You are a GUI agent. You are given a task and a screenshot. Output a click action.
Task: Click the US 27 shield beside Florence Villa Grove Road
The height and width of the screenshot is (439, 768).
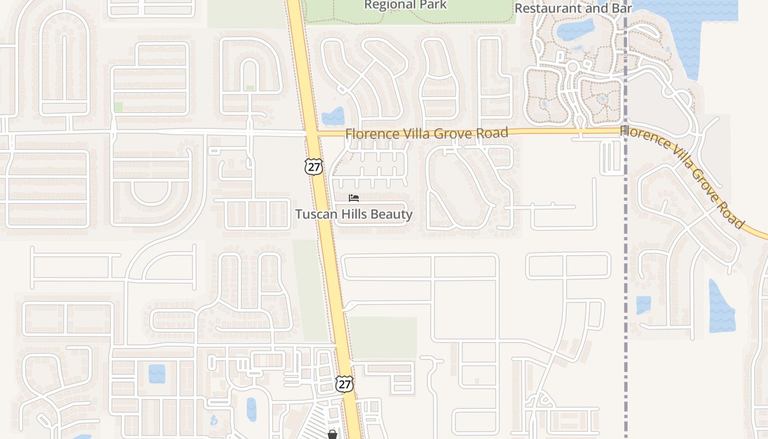pyautogui.click(x=313, y=167)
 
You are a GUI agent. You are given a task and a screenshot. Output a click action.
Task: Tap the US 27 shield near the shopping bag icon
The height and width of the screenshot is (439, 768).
pyautogui.click(x=344, y=384)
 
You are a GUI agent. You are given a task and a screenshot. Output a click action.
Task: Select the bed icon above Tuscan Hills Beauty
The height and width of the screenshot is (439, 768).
pyautogui.click(x=354, y=198)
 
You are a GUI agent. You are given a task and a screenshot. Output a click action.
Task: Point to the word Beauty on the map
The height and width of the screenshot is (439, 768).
pyautogui.click(x=392, y=214)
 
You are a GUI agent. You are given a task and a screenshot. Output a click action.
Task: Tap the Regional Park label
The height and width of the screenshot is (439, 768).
pyautogui.click(x=406, y=5)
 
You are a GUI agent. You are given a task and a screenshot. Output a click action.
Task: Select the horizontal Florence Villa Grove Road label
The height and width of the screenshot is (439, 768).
pyautogui.click(x=427, y=133)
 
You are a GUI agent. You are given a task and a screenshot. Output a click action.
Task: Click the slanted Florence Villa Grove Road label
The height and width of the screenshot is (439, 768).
pyautogui.click(x=683, y=176)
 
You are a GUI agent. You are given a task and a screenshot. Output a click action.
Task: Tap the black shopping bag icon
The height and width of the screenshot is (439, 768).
pyautogui.click(x=332, y=435)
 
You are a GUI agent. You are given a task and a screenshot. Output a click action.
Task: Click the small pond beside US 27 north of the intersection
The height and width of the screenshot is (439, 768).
pyautogui.click(x=334, y=116)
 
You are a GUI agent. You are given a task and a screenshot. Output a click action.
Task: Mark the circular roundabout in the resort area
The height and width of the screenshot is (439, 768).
pyautogui.click(x=573, y=67)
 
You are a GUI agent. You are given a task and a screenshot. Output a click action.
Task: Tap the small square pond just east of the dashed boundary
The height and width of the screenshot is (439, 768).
pyautogui.click(x=643, y=305)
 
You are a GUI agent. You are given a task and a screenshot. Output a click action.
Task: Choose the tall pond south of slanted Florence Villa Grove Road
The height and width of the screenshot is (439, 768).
pyautogui.click(x=721, y=307)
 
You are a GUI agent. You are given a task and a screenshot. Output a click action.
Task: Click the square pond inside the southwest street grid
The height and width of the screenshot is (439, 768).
pyautogui.click(x=157, y=374)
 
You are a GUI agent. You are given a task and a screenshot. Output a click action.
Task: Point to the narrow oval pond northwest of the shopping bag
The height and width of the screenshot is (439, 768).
pyautogui.click(x=251, y=409)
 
